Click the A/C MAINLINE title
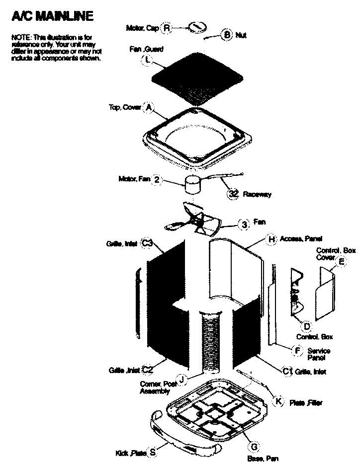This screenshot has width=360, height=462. pos(52,17)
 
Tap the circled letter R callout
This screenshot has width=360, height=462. pos(167,28)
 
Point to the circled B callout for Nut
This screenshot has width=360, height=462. pos(227,35)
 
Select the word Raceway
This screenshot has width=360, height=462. pos(257,195)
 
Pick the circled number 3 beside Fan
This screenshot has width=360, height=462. pos(244,224)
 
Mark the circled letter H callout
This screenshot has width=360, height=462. pos(271,239)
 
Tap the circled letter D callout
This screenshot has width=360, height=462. pos(307,326)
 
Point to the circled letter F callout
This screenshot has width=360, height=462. pos(297,351)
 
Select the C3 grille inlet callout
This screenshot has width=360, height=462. pos(146,243)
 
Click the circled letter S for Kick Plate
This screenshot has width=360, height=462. pos(153,452)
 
